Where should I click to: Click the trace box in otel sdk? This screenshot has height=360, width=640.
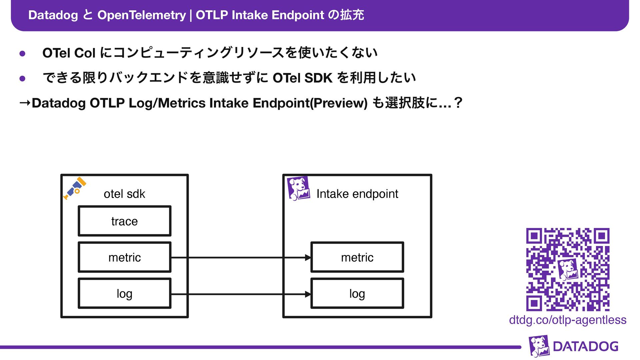point(124,221)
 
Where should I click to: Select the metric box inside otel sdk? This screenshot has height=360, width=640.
point(124,257)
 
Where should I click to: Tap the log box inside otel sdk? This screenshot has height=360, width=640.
point(124,294)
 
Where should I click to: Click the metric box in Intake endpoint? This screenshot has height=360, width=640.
point(357,257)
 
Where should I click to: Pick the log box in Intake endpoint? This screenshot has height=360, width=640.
point(357,294)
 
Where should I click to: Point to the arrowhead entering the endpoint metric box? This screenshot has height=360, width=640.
point(308,258)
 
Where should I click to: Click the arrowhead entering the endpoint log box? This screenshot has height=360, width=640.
point(308,294)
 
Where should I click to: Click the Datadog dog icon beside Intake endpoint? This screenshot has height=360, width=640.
point(298,189)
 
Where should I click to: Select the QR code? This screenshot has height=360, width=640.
point(568,269)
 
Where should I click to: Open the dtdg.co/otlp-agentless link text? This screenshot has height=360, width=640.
point(568,320)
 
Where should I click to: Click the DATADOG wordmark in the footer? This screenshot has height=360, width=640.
point(585,347)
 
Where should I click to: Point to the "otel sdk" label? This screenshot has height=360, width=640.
point(124,194)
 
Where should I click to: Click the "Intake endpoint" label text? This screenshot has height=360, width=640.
point(357,194)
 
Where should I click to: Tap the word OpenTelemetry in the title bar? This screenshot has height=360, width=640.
point(141,15)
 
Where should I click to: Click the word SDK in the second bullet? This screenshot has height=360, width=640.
point(318,78)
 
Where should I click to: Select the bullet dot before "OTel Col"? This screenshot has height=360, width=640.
point(23,54)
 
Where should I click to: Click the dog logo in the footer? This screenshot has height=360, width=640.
point(539,346)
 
